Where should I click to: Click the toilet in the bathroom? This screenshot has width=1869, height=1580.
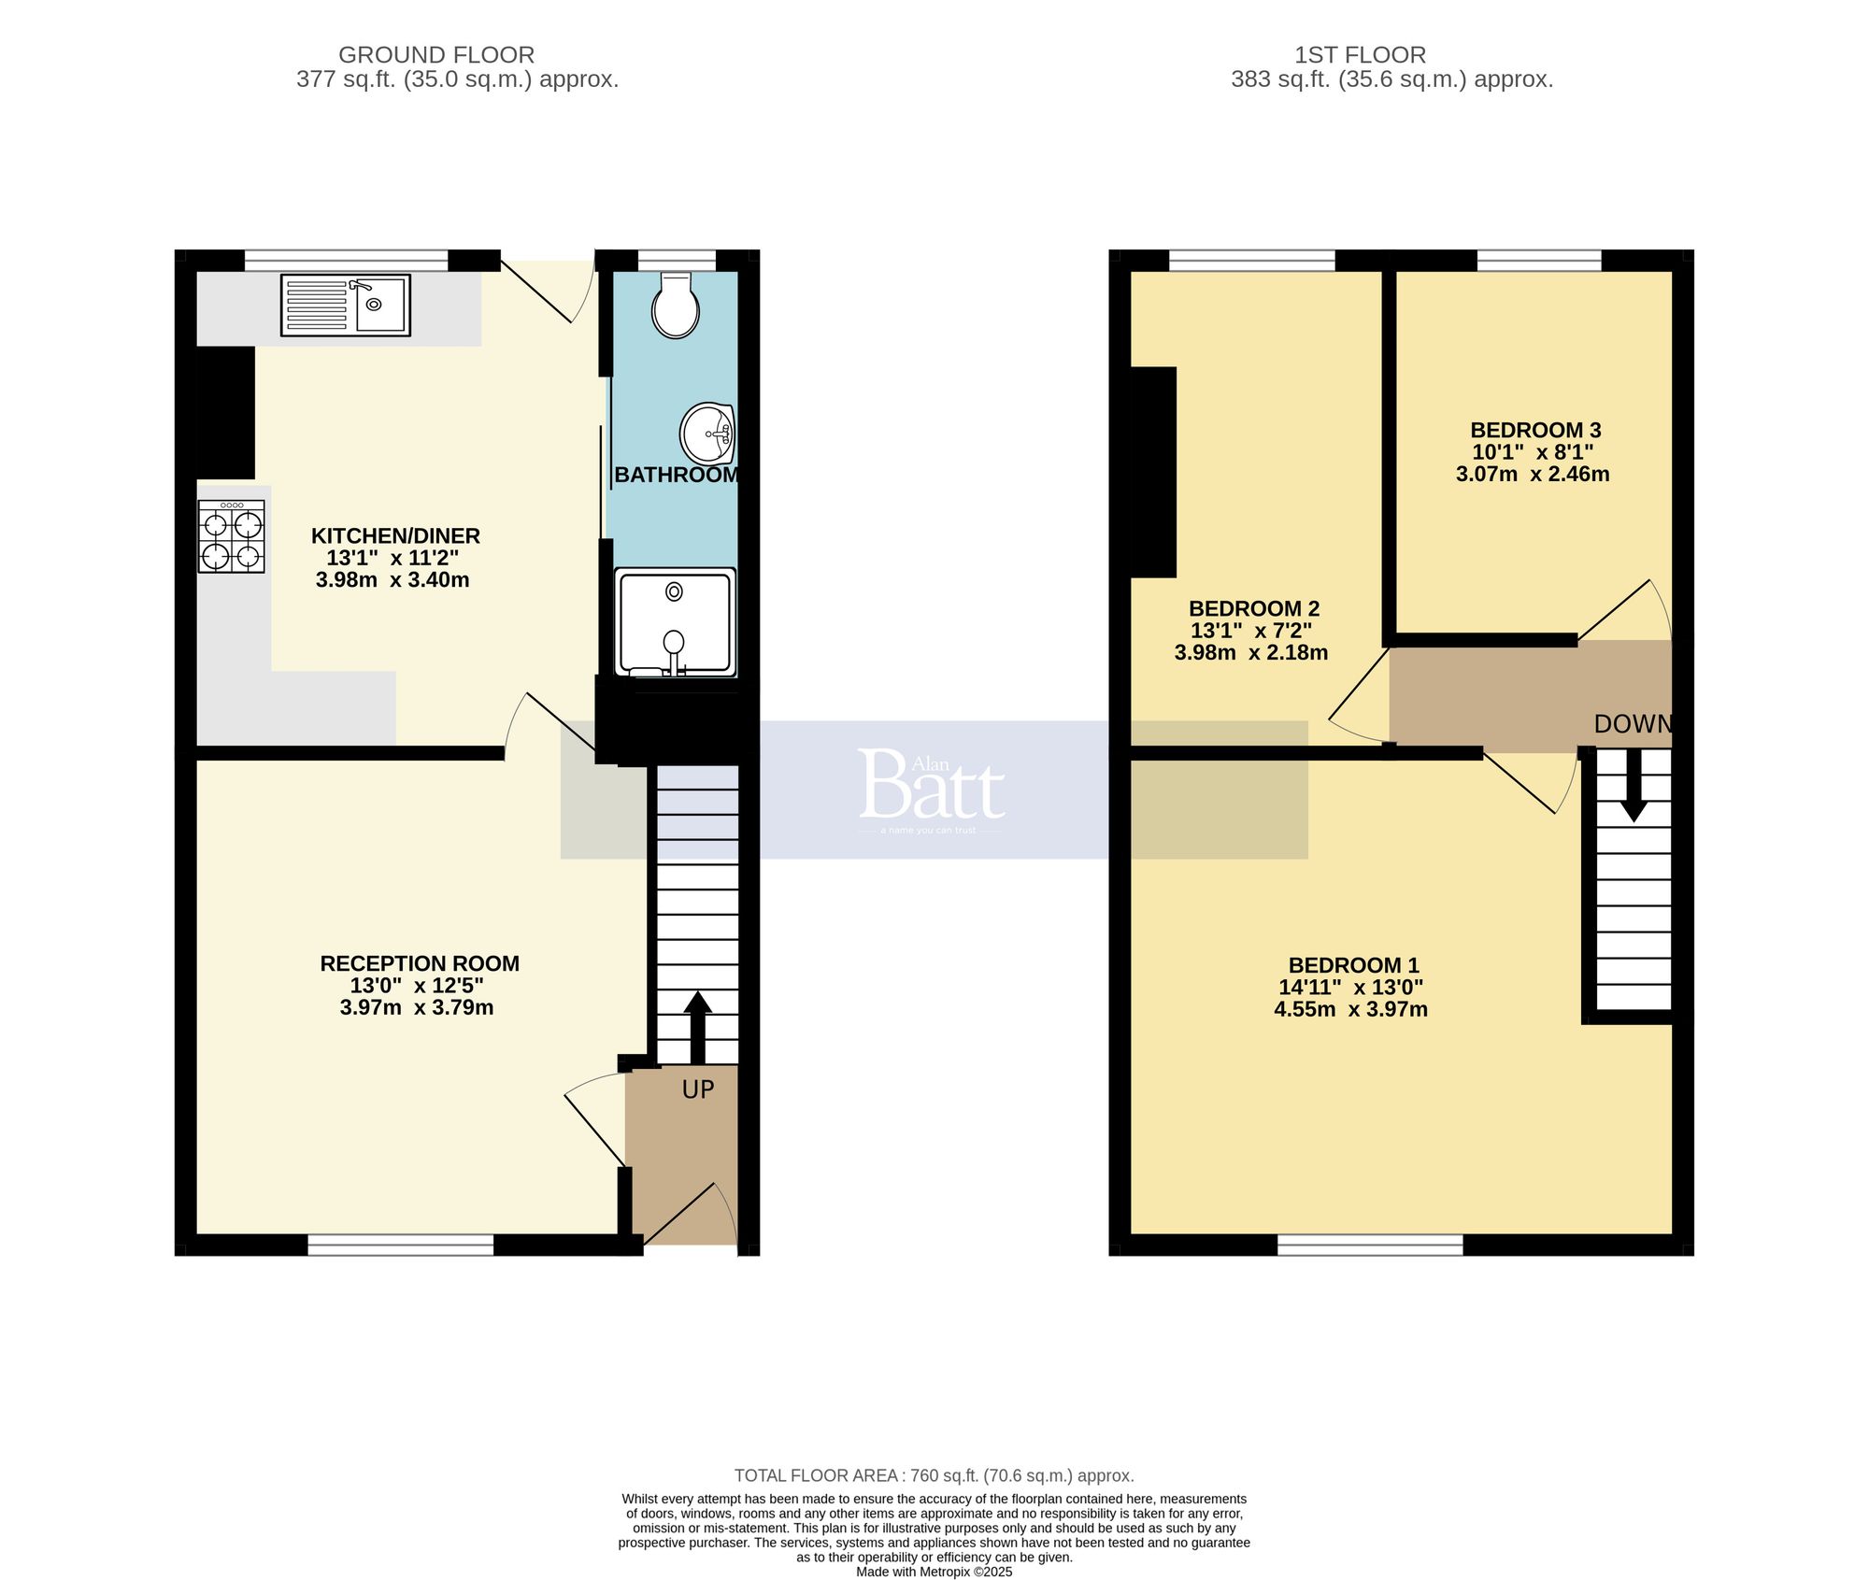676,306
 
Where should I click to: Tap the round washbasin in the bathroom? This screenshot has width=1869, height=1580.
707,434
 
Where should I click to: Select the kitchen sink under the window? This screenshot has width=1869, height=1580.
346,305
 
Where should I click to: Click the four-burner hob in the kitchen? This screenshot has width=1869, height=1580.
232,536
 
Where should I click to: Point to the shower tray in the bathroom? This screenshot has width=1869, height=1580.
675,621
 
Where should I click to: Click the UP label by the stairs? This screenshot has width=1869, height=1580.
698,1089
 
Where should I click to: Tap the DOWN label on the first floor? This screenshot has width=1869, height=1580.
1632,724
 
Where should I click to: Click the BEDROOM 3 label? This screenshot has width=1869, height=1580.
1535,431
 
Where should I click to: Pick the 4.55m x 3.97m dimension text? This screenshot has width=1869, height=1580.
1350,1009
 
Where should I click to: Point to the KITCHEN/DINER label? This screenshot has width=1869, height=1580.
395,536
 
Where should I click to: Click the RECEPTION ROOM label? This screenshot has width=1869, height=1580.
420,963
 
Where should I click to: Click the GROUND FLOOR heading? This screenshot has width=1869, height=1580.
436,55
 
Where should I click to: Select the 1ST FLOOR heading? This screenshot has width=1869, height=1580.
1360,55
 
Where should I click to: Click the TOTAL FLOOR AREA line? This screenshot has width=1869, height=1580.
934,1475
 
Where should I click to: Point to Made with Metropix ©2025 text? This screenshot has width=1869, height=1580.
934,1572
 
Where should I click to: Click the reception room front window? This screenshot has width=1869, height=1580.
401,1245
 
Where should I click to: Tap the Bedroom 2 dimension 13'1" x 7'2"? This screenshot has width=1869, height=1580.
1250,631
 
